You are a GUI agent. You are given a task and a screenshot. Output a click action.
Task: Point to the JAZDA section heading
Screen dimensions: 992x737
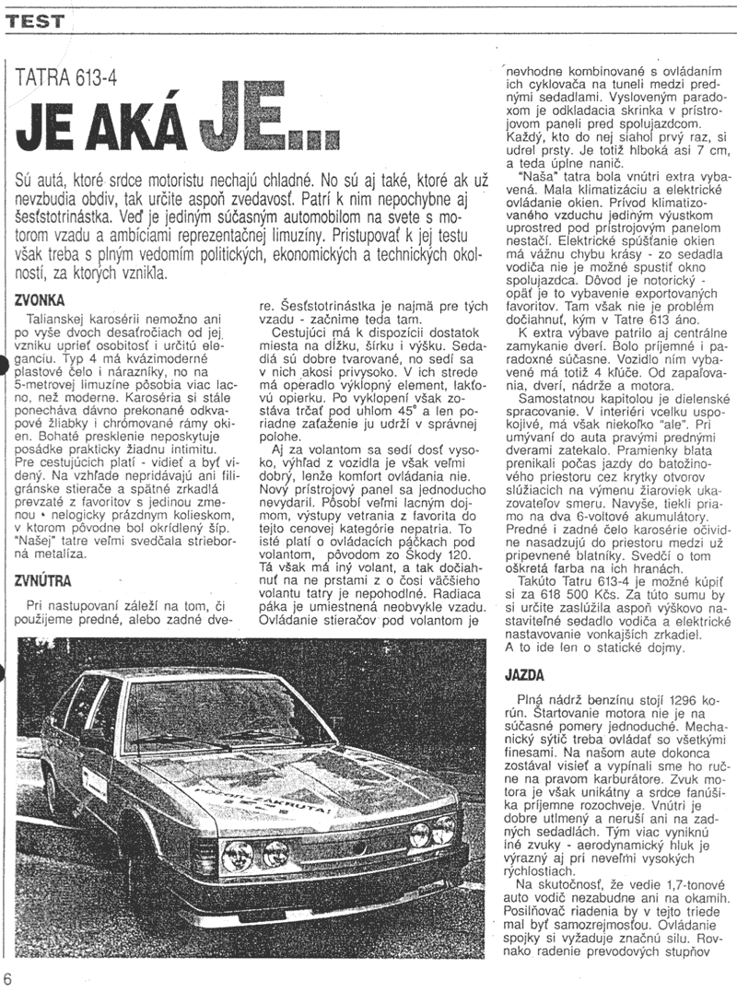pos(524,674)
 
